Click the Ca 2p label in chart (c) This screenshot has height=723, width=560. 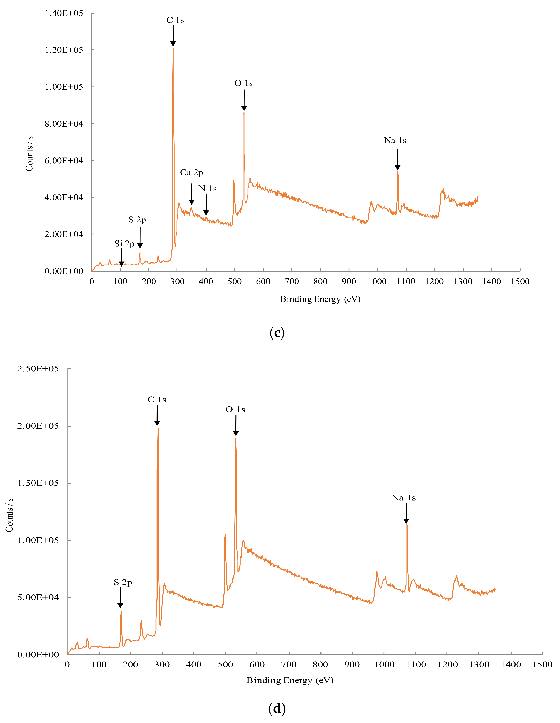tap(191, 172)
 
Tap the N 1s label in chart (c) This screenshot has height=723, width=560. tap(208, 189)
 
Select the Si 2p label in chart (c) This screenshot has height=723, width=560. tap(124, 244)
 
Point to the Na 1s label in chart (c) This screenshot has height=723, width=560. tap(395, 141)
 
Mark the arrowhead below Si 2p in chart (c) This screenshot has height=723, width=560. tap(122, 264)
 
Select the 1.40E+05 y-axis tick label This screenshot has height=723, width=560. tap(64, 13)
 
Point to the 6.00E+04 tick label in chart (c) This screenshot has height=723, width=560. tap(64, 161)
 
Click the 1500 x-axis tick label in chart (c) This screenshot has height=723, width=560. tap(520, 282)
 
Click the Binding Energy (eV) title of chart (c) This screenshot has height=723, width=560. tap(320, 299)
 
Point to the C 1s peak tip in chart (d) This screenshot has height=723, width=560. tap(158, 428)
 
